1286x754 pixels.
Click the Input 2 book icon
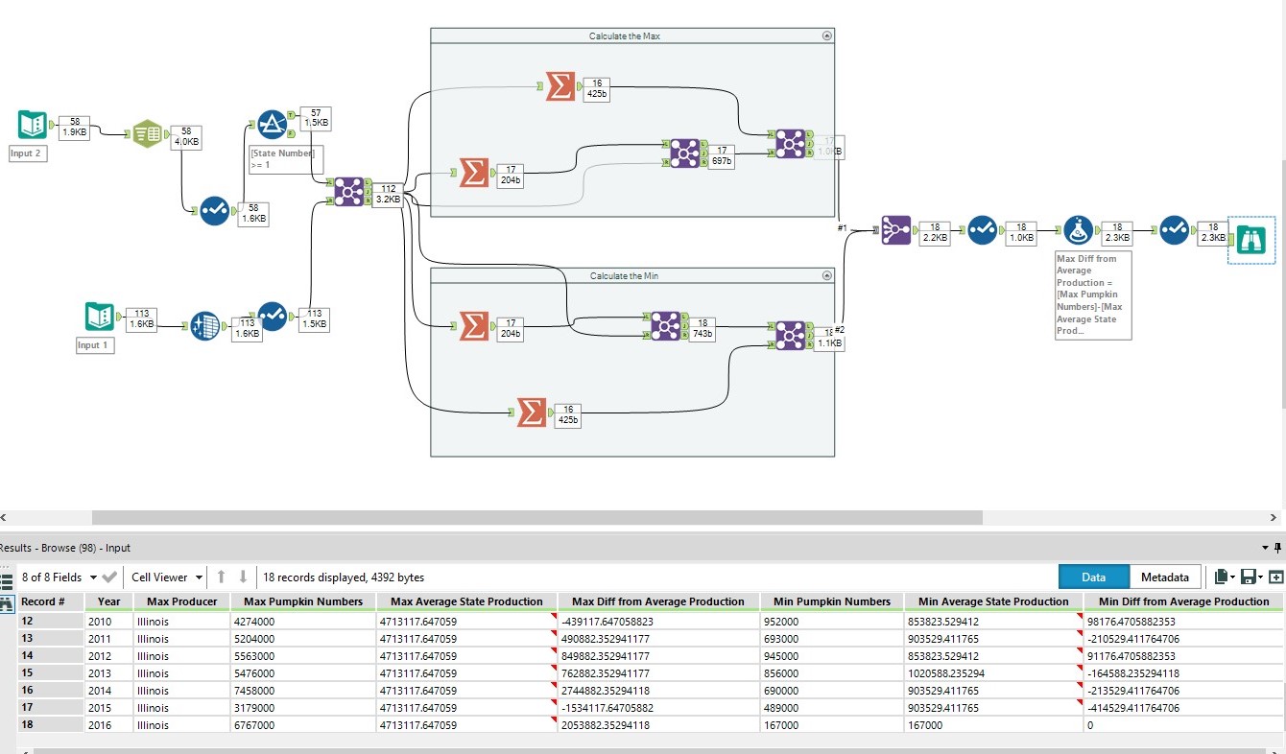coord(32,126)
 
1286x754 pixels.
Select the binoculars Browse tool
coord(1251,239)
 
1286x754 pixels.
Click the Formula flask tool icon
coord(1078,230)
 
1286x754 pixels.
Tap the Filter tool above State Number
coord(273,125)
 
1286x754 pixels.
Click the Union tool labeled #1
coord(895,230)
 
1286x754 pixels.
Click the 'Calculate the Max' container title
coord(624,35)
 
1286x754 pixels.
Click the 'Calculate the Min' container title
coord(624,276)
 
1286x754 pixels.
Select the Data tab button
coord(1093,577)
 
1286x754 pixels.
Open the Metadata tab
coord(1164,577)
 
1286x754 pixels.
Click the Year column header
coord(108,601)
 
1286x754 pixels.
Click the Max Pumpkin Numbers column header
coord(302,601)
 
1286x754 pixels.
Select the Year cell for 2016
coord(108,725)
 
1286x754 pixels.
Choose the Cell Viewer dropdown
coord(167,577)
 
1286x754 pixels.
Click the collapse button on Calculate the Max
coord(827,35)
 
